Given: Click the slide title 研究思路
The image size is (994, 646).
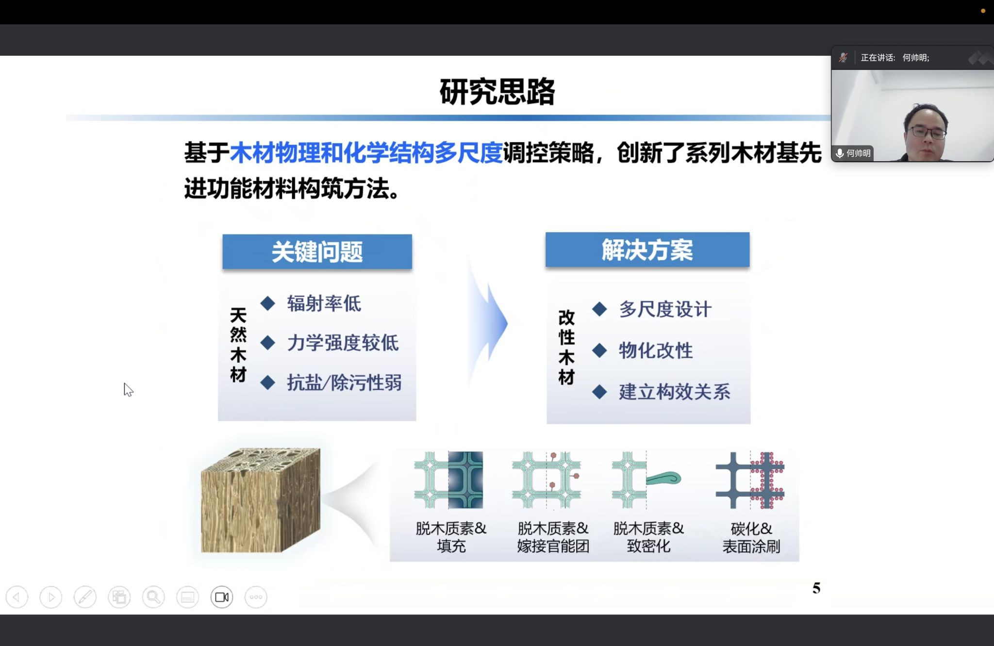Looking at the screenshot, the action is (x=497, y=91).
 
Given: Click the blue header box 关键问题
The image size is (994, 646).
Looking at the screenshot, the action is (x=317, y=251).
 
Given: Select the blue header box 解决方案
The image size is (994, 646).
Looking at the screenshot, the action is (x=647, y=249).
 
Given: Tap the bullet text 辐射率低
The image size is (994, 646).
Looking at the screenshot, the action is (x=324, y=303).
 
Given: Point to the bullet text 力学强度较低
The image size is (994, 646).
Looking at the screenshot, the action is (x=343, y=343).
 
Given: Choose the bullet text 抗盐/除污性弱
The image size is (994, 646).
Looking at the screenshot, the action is (x=344, y=382).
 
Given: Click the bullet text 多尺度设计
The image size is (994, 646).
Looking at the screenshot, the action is (x=665, y=309).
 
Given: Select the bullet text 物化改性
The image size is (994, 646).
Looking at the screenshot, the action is (x=656, y=350).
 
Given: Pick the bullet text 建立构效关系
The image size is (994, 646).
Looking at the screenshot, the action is (x=675, y=392).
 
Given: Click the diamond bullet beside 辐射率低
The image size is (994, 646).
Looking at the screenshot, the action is (x=268, y=303).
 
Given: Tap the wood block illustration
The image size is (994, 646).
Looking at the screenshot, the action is (x=261, y=500).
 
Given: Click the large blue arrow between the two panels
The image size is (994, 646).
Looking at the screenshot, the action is (x=488, y=322).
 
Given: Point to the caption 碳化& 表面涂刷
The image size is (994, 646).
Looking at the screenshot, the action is (x=751, y=537).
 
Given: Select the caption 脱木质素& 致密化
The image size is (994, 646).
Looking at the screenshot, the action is (x=648, y=537).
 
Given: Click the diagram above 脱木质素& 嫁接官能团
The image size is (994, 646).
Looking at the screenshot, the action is (x=547, y=480).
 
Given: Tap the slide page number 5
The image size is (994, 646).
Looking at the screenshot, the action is (x=816, y=588).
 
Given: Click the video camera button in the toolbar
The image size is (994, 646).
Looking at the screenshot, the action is (x=222, y=597).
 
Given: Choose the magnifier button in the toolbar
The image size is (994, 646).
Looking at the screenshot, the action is (x=153, y=597).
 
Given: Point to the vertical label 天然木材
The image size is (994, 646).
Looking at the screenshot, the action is (x=238, y=345).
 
